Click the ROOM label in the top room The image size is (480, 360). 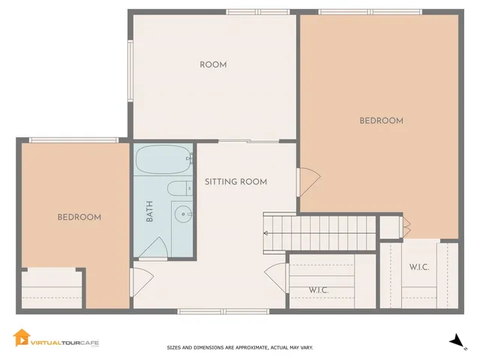tap(213, 65)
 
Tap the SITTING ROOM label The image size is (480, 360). tap(236, 182)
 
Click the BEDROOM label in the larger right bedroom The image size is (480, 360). tap(381, 121)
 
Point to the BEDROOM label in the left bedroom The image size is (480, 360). tap(79, 217)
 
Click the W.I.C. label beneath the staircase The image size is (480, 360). tap(319, 290)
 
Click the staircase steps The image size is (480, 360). tap(319, 225)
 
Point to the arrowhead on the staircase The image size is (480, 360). tap(266, 232)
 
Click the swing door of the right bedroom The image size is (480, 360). tap(308, 179)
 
